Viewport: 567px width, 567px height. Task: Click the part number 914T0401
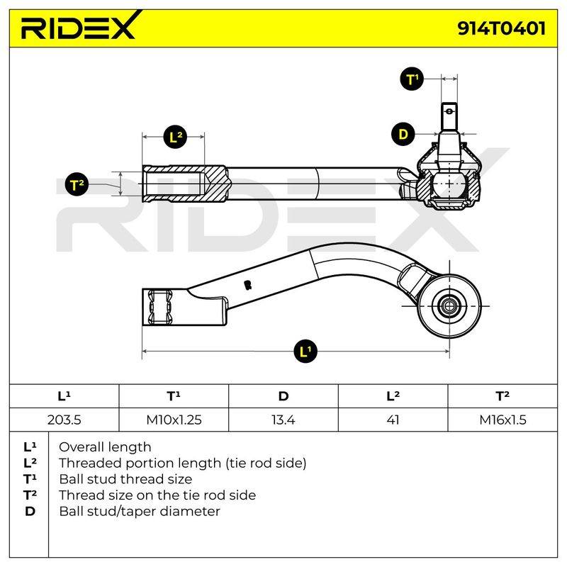point(501,28)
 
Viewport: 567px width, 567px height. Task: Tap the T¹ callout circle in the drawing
point(412,79)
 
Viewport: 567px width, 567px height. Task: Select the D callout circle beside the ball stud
point(403,134)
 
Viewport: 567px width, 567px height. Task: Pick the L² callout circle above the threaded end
point(175,137)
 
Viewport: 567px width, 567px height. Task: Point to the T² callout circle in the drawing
point(77,184)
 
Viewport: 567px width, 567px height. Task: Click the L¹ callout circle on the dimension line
point(305,351)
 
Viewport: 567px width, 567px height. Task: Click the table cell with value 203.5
point(64,420)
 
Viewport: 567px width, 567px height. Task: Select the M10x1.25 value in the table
point(174,420)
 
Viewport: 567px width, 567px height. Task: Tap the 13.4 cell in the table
point(283,420)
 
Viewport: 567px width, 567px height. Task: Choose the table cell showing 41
point(393,420)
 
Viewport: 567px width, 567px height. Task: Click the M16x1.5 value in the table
point(503,420)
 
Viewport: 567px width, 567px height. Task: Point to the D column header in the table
point(283,396)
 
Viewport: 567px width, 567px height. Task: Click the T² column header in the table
point(503,396)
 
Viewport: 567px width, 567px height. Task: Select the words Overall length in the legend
point(105,447)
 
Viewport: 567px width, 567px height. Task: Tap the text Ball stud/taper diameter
point(140,511)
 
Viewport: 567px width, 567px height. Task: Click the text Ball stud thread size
point(125,479)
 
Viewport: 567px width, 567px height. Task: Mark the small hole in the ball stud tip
point(449,111)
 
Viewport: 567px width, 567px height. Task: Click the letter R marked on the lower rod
point(247,285)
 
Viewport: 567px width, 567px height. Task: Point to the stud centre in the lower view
point(449,306)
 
